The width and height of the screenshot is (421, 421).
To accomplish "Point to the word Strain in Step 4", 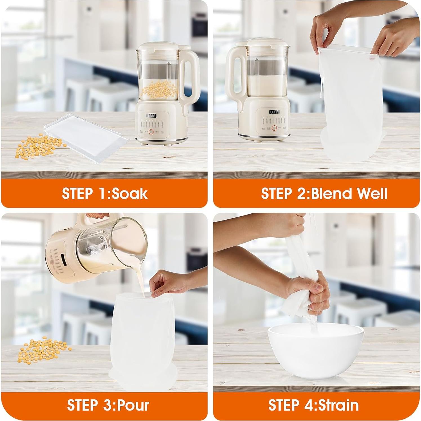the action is point(338,405).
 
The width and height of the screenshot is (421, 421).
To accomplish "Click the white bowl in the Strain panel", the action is point(316,351).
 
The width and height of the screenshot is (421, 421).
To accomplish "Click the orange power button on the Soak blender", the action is point(151,132).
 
